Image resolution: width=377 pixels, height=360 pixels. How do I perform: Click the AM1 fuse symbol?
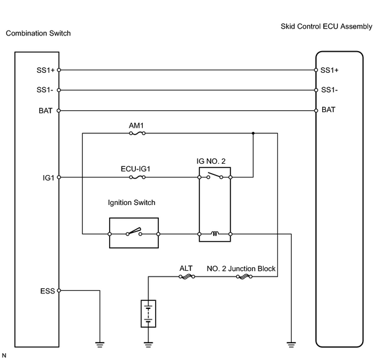(x=137, y=133)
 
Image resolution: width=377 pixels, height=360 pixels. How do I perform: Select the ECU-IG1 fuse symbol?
(x=137, y=178)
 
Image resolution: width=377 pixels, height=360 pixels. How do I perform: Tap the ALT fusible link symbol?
(x=187, y=277)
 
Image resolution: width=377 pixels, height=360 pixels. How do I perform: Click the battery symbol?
(x=148, y=314)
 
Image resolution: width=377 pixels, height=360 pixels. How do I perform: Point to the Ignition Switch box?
(x=134, y=218)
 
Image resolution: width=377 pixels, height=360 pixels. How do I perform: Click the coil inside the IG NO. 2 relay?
(x=215, y=234)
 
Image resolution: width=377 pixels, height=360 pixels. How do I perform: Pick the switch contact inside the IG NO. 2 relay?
(x=215, y=176)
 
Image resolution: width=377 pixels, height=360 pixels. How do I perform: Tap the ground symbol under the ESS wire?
(x=100, y=345)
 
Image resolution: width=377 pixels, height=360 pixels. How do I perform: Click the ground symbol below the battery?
(x=148, y=345)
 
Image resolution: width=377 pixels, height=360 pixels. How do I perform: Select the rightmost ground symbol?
(x=291, y=345)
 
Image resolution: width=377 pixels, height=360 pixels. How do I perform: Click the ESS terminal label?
(x=47, y=291)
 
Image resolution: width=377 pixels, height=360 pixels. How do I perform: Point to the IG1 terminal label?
(x=49, y=178)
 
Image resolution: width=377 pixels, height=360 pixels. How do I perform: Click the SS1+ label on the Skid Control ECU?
(x=330, y=70)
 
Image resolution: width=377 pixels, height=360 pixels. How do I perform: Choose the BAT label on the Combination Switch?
(x=45, y=111)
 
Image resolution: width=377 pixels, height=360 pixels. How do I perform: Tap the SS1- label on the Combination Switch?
(x=45, y=90)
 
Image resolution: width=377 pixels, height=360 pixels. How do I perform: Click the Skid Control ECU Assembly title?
(x=327, y=26)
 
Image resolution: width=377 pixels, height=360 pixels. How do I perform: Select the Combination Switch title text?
(x=38, y=33)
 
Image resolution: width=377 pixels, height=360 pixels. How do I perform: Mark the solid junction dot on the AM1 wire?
(x=253, y=133)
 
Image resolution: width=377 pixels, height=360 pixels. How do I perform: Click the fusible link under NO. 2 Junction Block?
(x=244, y=277)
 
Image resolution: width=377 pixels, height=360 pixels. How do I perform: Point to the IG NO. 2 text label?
(x=211, y=161)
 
